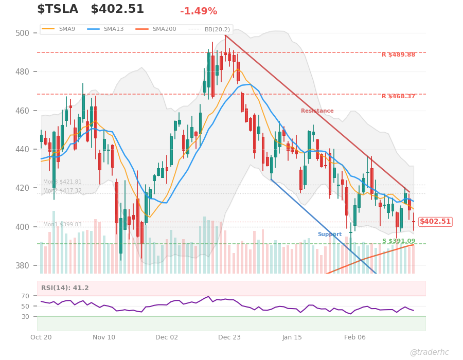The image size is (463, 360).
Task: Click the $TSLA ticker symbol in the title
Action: click(x=58, y=10)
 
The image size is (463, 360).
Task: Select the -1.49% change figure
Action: click(x=199, y=11)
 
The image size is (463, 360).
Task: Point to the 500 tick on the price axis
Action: click(x=22, y=33)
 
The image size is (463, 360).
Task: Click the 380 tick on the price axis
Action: click(x=22, y=266)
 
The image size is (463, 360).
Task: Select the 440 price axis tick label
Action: click(x=22, y=150)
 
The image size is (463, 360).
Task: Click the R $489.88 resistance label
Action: click(x=398, y=55)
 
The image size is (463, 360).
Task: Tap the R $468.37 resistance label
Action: click(x=398, y=96)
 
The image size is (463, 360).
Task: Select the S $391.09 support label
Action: click(x=398, y=241)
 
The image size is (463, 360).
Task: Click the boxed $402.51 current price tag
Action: click(x=435, y=222)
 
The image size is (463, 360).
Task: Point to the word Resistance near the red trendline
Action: click(x=317, y=111)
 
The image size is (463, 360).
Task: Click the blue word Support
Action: click(x=329, y=235)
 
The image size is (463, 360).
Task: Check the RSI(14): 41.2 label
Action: click(x=65, y=288)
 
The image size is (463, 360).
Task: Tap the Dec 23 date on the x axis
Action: click(x=229, y=337)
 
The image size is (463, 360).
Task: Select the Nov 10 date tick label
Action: click(x=104, y=337)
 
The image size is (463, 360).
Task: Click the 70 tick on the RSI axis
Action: click(x=26, y=296)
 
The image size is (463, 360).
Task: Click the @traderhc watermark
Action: click(x=429, y=352)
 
